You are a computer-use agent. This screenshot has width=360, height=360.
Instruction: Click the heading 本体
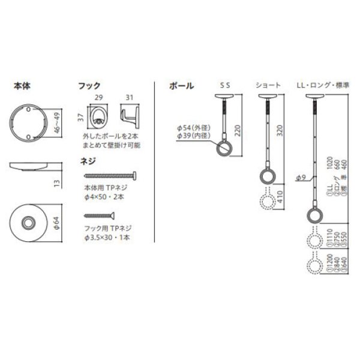(x=22, y=86)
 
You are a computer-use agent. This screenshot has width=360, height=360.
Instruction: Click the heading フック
(x=90, y=86)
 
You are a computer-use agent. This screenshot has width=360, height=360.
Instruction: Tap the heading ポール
(x=181, y=86)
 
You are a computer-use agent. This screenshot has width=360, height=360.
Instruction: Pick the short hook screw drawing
(x=100, y=214)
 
